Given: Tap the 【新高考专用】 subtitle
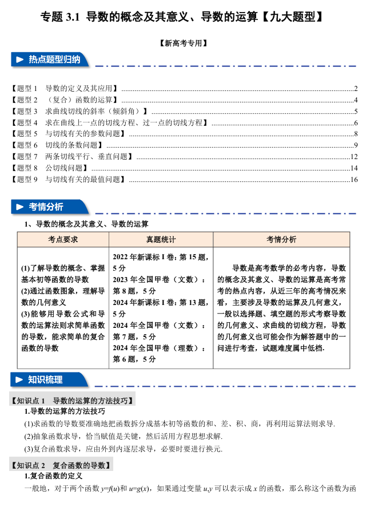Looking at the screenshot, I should (185, 42).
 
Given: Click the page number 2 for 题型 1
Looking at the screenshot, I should (356, 89).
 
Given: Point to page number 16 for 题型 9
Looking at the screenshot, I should (354, 180).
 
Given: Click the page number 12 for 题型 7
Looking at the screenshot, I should (354, 157).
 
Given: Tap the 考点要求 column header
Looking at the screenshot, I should (63, 239).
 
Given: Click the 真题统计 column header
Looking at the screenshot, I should (161, 239).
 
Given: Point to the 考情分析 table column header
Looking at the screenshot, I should (281, 239).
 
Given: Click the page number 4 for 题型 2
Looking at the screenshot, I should (356, 100).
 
